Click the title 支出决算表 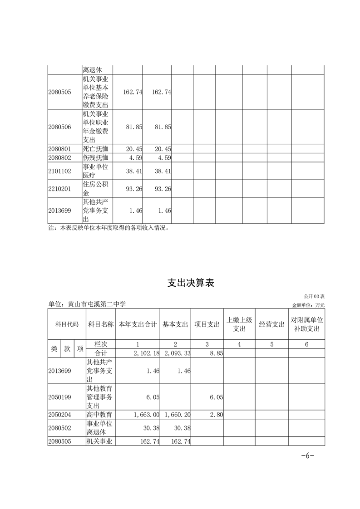tap(191, 283)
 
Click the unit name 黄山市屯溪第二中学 tap(87, 304)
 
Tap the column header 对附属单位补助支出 tap(306, 324)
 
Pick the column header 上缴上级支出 tap(239, 324)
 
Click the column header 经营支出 tap(271, 324)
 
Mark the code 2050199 tap(59, 397)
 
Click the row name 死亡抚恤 tap(96, 149)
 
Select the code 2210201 tap(59, 189)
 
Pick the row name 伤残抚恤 tap(96, 158)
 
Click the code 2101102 tap(59, 171)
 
